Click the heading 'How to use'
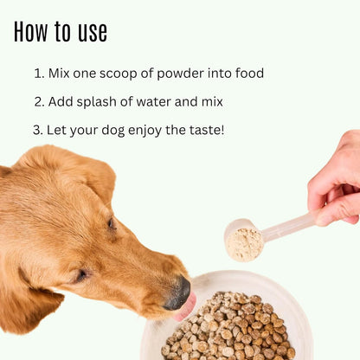[x=61, y=32]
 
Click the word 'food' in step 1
[x=247, y=74]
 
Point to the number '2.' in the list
[x=39, y=101]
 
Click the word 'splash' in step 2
[x=100, y=101]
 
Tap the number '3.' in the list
[x=38, y=130]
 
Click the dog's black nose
[x=178, y=292]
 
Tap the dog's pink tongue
[x=186, y=307]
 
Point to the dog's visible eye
[x=112, y=224]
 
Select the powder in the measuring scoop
[x=245, y=243]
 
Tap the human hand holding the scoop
[x=337, y=182]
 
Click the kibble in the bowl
[x=229, y=329]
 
